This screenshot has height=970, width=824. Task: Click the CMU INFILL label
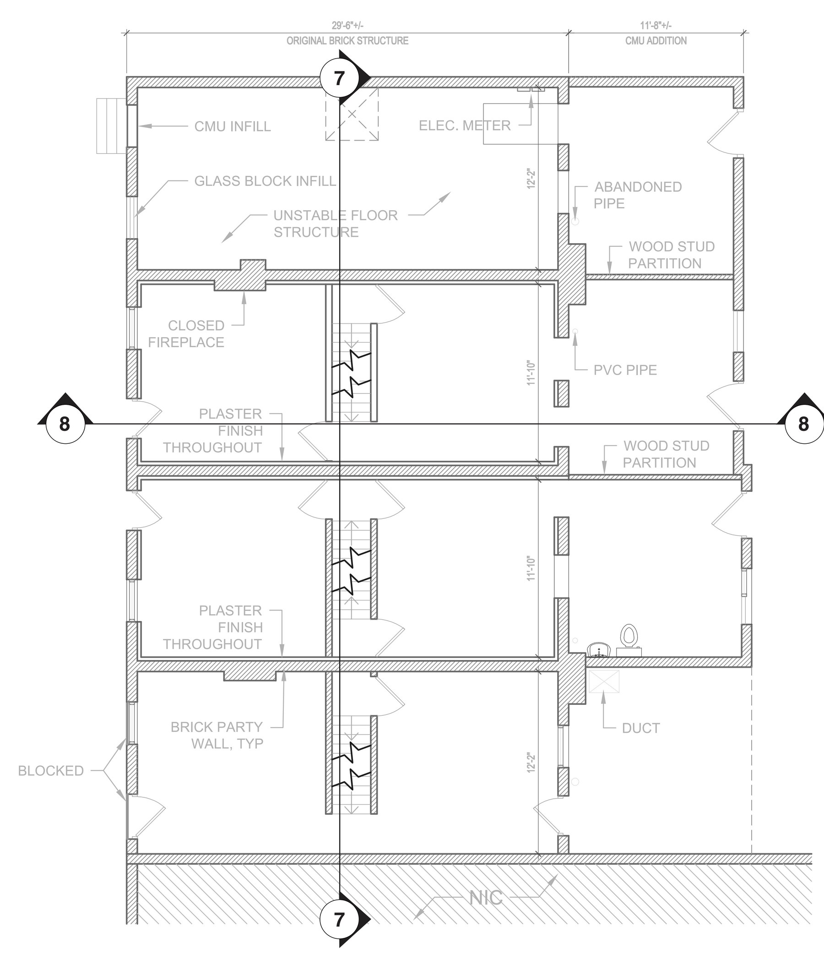233,126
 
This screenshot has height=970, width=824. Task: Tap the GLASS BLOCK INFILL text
266,181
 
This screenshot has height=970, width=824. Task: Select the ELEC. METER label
465,125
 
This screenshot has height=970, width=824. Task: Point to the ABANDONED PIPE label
638,195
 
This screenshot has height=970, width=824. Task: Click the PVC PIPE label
625,370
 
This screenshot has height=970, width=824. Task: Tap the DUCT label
641,728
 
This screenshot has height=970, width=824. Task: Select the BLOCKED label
51,770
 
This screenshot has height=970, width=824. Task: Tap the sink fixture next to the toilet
599,649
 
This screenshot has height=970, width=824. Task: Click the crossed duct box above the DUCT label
603,681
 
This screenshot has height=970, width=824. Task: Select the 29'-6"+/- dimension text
347,26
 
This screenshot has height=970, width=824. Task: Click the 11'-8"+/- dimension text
656,26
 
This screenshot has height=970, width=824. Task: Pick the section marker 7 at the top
340,78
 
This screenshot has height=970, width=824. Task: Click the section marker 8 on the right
803,424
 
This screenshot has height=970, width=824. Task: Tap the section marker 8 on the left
65,424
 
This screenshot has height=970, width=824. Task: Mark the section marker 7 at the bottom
340,920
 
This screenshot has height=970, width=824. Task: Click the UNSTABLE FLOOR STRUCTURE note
336,223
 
